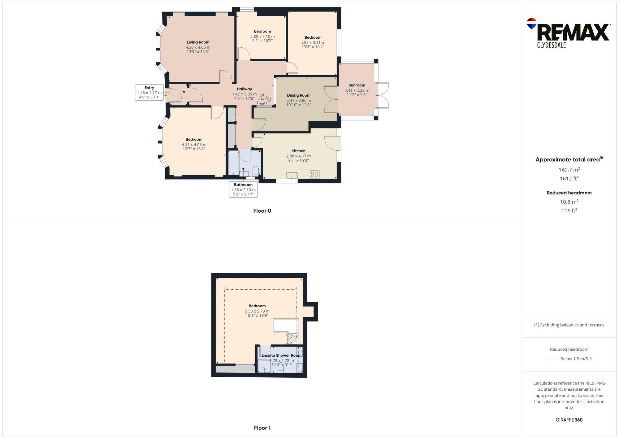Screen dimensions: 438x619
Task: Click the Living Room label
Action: [198, 42]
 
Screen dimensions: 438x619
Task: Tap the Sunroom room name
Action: [357, 85]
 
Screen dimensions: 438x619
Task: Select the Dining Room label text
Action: [298, 95]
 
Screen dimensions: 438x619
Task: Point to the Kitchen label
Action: [298, 151]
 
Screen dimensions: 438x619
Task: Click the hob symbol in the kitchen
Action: [314, 175]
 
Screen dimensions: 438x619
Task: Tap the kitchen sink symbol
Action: [292, 175]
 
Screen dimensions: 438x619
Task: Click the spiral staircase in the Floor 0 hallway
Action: [265, 99]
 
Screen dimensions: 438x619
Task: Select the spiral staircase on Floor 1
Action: [292, 338]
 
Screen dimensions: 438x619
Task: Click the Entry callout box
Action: [149, 92]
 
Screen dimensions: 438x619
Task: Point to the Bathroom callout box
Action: [243, 189]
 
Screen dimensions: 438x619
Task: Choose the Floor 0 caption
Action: [262, 211]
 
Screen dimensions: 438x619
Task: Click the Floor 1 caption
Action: [262, 428]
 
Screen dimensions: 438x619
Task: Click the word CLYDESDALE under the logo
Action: [551, 45]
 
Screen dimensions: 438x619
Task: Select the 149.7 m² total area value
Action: [569, 170]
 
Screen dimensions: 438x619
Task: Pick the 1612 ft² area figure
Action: [569, 179]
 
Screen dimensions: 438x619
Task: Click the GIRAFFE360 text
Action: [569, 420]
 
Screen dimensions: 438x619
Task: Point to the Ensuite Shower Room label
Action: [281, 355]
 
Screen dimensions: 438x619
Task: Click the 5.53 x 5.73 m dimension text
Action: [257, 311]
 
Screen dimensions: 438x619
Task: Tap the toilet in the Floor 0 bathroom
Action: [256, 171]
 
